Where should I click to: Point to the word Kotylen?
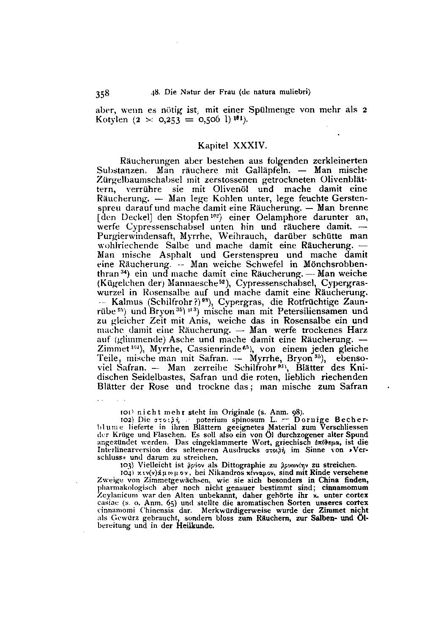point(112,119)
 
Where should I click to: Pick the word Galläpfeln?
point(266,170)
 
